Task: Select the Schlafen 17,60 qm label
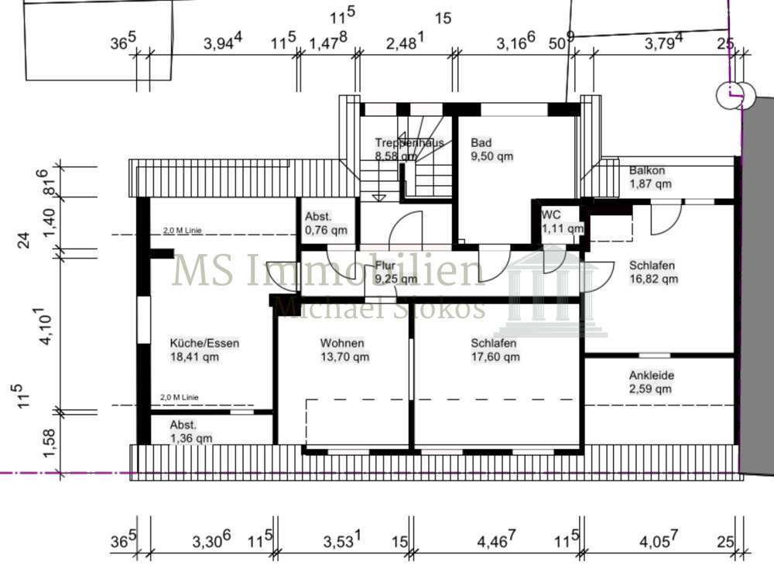point(495,350)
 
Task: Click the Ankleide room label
point(651,382)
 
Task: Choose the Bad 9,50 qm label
point(491,149)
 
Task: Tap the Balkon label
point(649,177)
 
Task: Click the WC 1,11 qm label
point(561,221)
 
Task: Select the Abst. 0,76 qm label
point(326,224)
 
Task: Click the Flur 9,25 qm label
point(396,272)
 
